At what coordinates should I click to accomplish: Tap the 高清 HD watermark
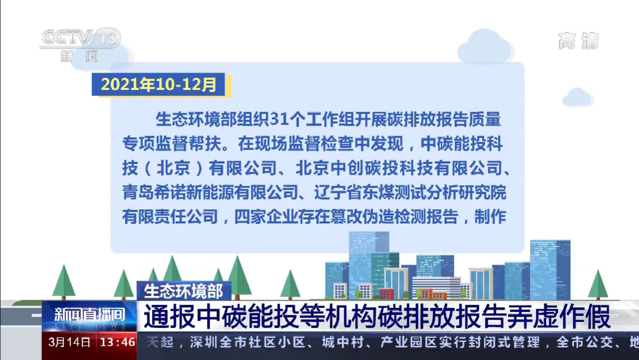click(578, 41)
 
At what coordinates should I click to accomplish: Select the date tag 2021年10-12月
click(159, 85)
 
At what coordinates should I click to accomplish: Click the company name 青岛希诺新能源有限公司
click(210, 192)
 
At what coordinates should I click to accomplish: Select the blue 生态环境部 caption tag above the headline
click(184, 291)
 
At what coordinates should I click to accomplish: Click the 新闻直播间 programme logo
click(90, 316)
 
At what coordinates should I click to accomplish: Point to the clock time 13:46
click(117, 342)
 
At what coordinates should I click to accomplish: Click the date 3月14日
click(69, 342)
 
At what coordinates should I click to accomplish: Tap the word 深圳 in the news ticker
click(205, 342)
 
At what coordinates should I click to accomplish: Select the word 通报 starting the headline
click(167, 316)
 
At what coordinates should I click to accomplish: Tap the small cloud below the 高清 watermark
click(577, 97)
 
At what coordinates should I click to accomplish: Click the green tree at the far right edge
click(598, 285)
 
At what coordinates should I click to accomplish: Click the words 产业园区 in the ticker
click(408, 342)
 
